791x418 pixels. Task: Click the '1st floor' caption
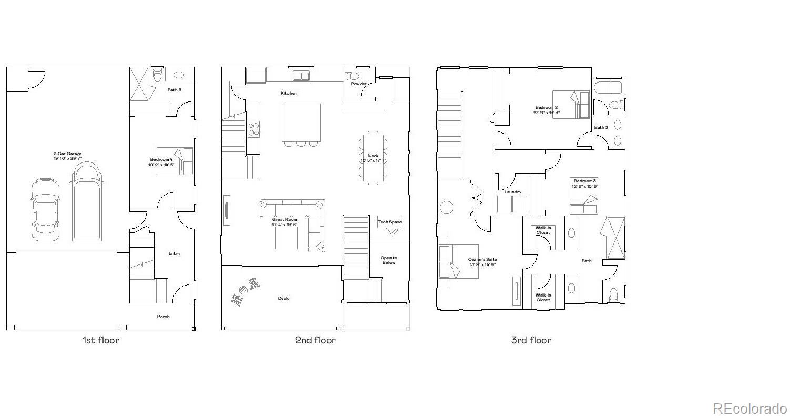100,340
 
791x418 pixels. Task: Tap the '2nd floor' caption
315,340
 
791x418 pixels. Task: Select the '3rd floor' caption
531,340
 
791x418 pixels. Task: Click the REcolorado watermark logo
749,408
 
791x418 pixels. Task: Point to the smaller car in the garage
45,209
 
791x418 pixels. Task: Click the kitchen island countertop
301,122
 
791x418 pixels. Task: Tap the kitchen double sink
301,76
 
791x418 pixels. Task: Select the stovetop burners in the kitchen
253,129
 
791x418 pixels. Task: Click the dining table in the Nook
373,158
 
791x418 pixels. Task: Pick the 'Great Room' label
284,219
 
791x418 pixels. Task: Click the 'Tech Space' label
389,222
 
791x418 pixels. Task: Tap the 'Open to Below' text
389,260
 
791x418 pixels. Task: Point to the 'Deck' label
283,298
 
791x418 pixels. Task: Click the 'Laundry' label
512,192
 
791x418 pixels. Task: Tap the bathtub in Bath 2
608,87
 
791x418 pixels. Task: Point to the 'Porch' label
163,317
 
